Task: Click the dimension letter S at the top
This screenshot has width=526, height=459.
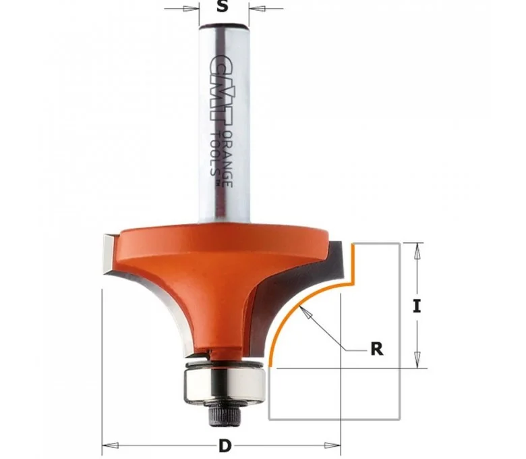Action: click(222, 6)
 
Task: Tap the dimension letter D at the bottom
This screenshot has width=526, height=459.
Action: click(225, 446)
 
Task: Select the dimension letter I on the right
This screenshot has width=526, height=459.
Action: click(417, 306)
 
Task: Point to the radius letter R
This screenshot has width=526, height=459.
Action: click(377, 349)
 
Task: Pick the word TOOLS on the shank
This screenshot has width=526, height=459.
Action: click(214, 153)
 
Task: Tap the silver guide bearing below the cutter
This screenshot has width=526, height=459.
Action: click(225, 383)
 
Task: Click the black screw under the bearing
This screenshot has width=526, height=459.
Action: click(221, 414)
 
